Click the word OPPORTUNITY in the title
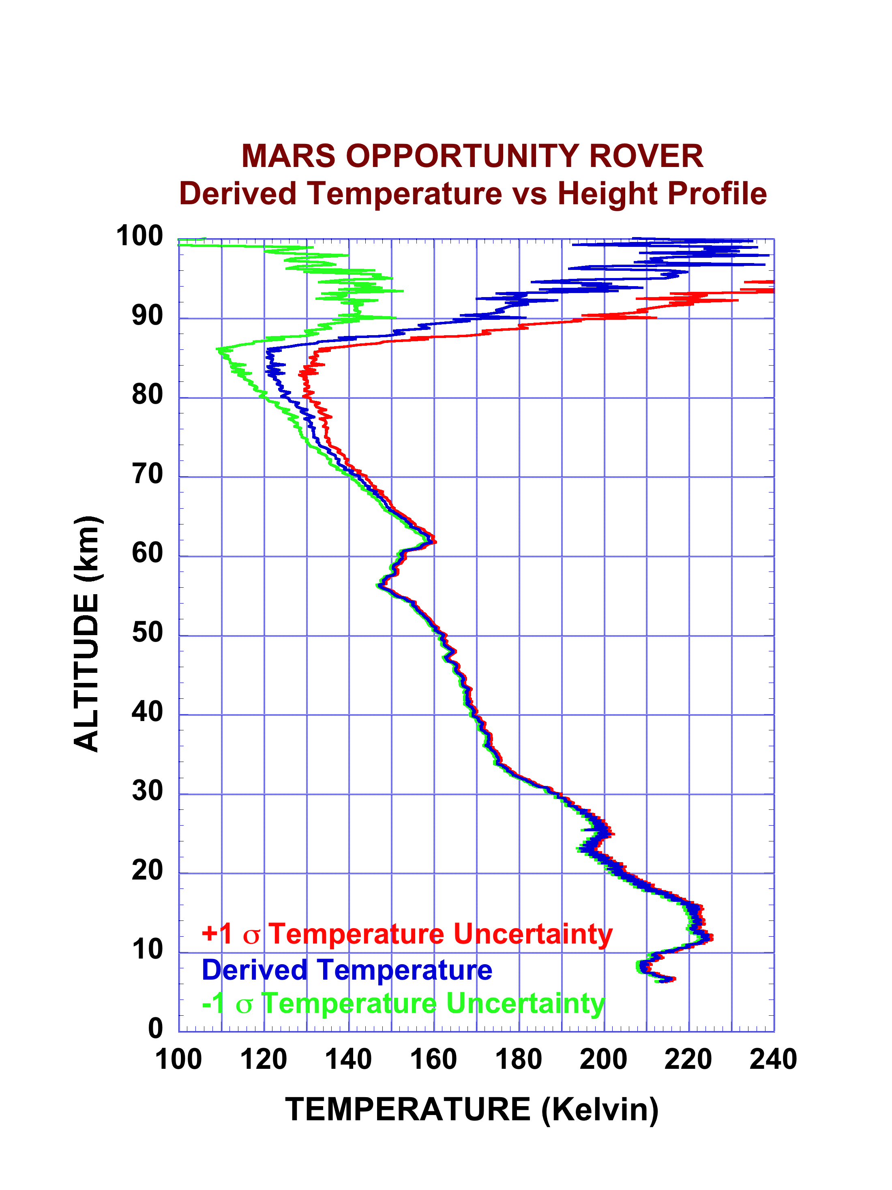coord(463,156)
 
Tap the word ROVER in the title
coord(646,156)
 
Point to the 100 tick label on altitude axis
coord(139,236)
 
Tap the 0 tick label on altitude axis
coord(156,1028)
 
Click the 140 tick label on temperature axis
coord(348,1060)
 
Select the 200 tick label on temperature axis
coord(603,1060)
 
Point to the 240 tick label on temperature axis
coord(773,1060)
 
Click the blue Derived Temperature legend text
coord(347,970)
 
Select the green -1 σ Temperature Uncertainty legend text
coord(403,1004)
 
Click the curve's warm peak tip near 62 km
coord(434,541)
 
